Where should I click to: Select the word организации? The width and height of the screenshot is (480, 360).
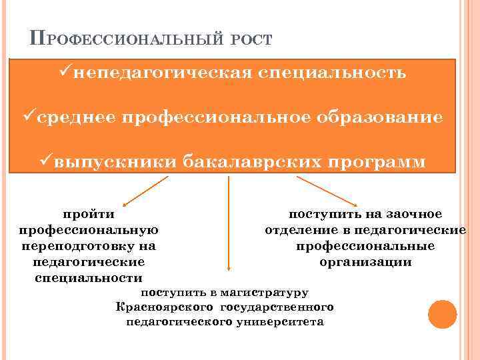(365, 262)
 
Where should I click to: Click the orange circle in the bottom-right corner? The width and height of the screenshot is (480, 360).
(442, 313)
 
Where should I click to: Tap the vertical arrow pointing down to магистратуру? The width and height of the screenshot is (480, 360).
(229, 227)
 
